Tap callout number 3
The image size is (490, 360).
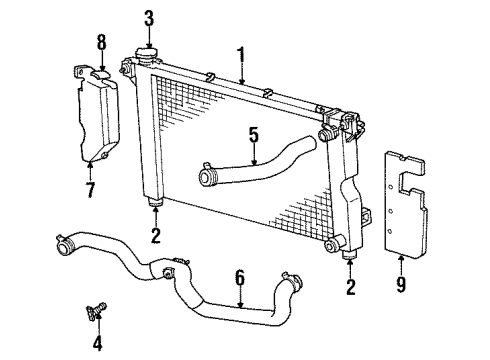(149, 17)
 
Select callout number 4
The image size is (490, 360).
(97, 345)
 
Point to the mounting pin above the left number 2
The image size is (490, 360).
(155, 206)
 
